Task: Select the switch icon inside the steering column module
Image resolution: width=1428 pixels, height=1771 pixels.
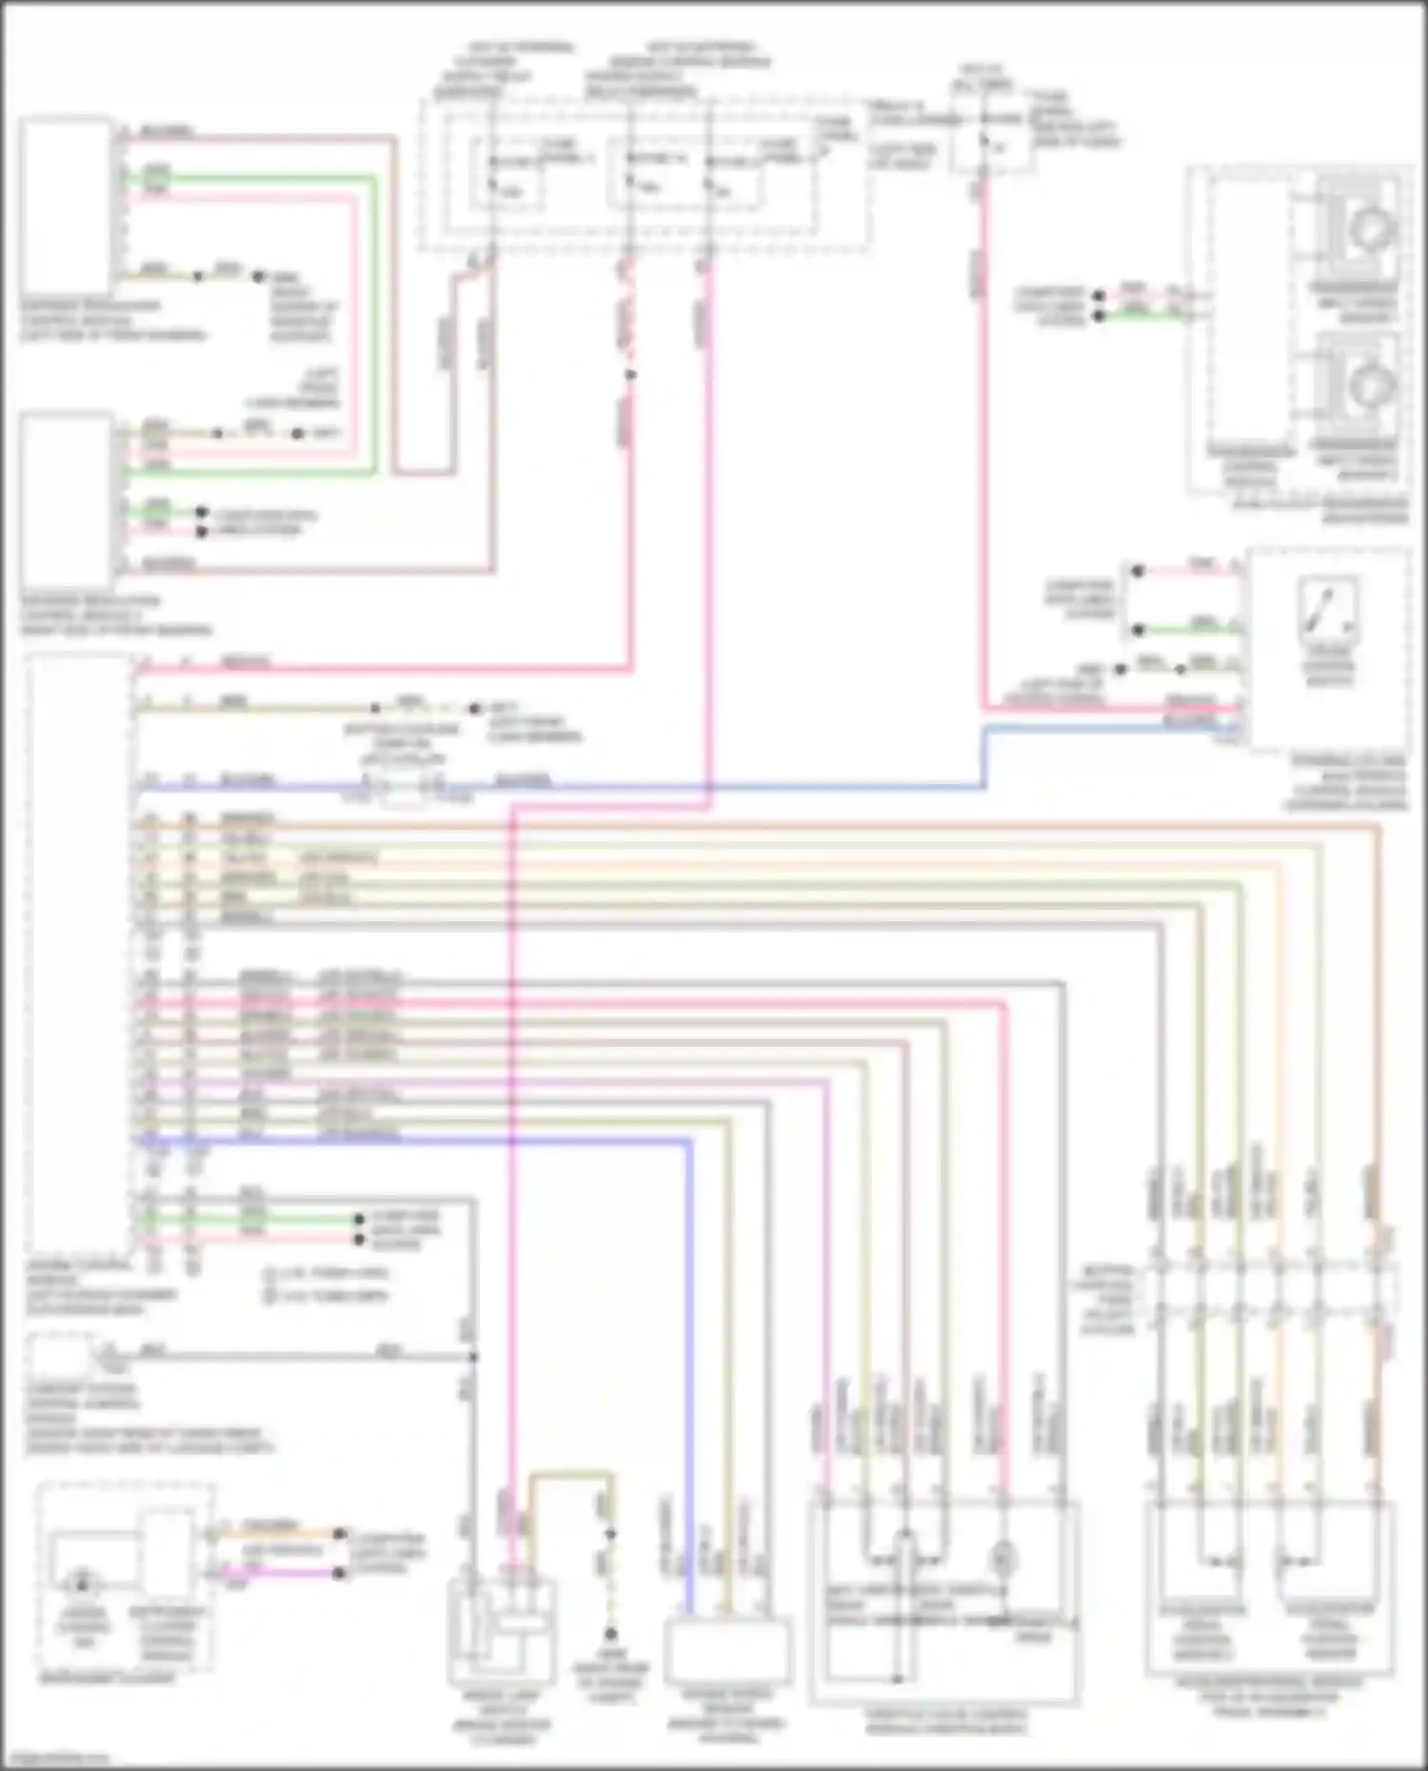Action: (1329, 609)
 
